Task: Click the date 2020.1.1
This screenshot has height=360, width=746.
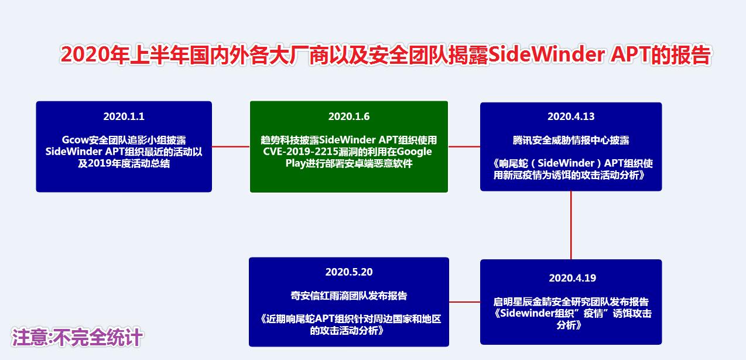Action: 124,116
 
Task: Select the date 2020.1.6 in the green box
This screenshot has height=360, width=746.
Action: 349,116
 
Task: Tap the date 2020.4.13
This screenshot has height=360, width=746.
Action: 571,116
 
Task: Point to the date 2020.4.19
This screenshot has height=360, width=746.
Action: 572,278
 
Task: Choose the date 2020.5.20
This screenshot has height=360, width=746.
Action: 349,272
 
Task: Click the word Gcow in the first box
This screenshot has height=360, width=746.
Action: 74,140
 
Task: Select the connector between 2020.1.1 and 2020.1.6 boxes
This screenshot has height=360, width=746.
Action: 231,146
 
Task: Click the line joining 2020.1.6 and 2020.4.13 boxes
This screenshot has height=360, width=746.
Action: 464,146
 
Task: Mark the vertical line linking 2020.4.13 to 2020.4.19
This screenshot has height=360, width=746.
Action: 571,225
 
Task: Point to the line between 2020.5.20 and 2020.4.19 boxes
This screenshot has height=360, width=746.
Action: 464,302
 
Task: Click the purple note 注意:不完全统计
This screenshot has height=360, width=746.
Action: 77,338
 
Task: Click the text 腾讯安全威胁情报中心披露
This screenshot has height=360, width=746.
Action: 571,140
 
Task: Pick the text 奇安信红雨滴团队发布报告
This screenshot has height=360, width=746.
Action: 349,295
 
